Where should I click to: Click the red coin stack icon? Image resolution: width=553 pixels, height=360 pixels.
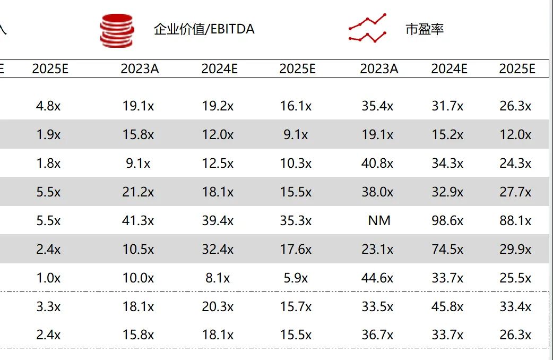(x=117, y=30)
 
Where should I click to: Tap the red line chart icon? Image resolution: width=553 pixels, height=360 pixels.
(x=367, y=29)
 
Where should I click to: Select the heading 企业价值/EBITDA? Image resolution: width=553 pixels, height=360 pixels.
(x=204, y=29)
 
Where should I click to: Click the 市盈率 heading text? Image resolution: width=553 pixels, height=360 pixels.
(x=424, y=30)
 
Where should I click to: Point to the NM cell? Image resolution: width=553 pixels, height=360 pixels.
(x=379, y=220)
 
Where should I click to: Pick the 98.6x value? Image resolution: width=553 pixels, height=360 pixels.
(x=447, y=220)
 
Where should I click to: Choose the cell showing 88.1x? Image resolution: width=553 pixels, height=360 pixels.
(x=515, y=220)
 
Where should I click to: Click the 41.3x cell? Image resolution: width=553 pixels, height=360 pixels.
(x=138, y=220)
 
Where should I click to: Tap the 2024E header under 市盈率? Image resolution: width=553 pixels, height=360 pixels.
(x=449, y=68)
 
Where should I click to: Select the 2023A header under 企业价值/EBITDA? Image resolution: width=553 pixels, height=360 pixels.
(x=140, y=68)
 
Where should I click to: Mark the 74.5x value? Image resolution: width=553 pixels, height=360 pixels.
(x=447, y=249)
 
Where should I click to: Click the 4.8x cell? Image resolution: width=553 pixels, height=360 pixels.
(x=48, y=106)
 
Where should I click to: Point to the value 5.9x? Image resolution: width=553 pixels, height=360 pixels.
(x=296, y=278)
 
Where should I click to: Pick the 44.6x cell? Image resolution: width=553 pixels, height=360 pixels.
(x=377, y=278)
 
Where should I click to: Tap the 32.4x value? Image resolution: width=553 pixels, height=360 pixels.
(x=218, y=249)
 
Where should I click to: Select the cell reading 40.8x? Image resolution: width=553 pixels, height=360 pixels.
(x=377, y=163)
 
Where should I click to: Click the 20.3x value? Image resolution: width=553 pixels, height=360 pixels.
(x=218, y=306)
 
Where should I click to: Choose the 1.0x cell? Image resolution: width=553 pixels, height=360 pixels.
(x=48, y=278)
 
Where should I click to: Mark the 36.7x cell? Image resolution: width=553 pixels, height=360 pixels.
(x=377, y=335)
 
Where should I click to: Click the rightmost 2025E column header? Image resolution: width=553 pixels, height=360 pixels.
(x=517, y=68)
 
